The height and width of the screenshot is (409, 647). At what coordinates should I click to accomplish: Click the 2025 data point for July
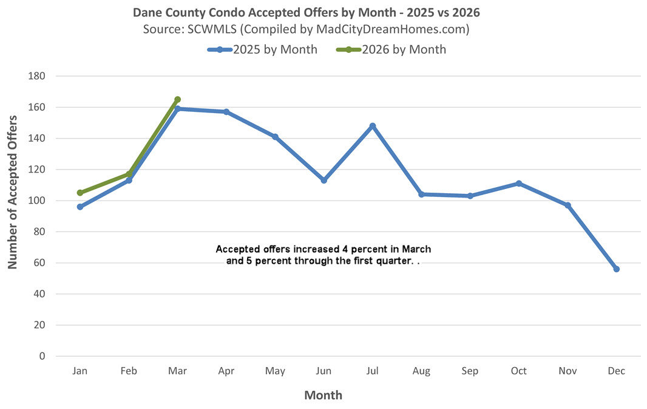pos(373,126)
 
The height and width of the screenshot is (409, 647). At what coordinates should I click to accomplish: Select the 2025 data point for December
pos(617,269)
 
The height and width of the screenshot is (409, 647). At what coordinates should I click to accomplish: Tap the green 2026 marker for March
pos(177,100)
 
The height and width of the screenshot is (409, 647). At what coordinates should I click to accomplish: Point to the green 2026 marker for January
pos(80,193)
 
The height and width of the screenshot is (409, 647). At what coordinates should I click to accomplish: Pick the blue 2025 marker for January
pos(80,207)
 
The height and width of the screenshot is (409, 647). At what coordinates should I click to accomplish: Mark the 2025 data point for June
pos(324,180)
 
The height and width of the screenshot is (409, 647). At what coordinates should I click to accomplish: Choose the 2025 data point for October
pos(519,184)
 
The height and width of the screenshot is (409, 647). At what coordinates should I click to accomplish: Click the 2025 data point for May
pos(275,137)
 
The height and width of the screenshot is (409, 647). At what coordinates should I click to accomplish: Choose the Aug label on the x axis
pos(421,371)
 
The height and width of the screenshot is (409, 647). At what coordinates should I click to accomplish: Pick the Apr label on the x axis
pos(226,371)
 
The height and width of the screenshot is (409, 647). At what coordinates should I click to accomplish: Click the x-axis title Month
pos(323,396)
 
